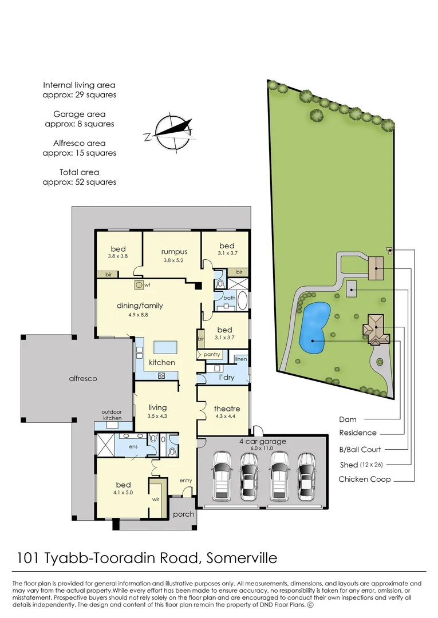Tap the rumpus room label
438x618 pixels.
pos(174,252)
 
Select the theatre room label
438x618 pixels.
pos(227,409)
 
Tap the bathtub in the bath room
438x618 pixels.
pos(243,299)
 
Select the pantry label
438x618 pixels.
pos(211,355)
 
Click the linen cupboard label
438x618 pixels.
pos(241,359)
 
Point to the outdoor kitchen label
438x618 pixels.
pos(112,414)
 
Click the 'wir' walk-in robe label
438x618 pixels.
pos(155,498)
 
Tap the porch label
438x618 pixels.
pos(184,514)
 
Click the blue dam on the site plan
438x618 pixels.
pos(314,327)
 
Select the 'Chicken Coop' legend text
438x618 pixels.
pos(365,479)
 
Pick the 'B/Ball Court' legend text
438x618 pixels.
pos(360,449)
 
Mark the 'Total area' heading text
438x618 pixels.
pos(79,172)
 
